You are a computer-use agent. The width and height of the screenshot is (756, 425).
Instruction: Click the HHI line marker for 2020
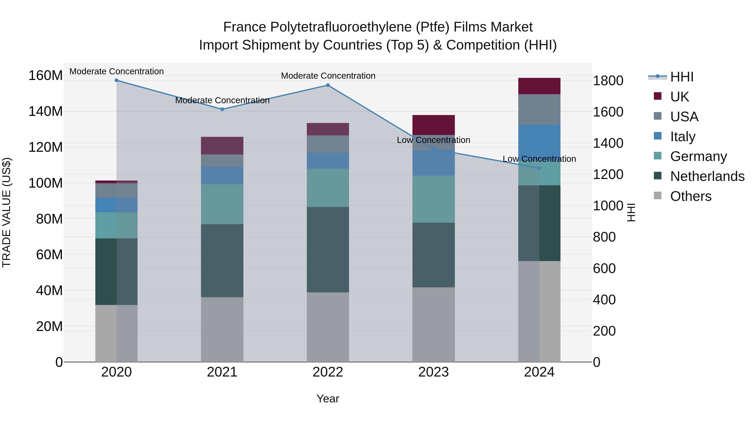[x=117, y=80]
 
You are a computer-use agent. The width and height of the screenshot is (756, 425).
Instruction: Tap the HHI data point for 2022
[x=328, y=85]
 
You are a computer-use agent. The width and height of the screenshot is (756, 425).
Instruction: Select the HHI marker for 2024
[x=539, y=168]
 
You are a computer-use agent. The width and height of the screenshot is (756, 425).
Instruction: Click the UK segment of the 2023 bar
[x=433, y=125]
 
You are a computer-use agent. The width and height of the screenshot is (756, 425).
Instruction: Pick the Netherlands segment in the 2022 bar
[x=328, y=249]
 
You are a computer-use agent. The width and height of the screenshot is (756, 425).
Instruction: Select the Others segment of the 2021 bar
[x=222, y=329]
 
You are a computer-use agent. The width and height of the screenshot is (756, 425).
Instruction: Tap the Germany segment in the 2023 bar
[x=433, y=199]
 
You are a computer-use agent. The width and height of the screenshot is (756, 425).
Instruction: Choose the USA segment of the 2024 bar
[x=539, y=109]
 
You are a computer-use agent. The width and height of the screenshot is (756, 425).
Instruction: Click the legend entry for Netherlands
[x=707, y=176]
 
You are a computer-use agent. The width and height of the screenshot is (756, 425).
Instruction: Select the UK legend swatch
[x=658, y=96]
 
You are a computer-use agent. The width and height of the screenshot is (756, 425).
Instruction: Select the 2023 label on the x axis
[x=433, y=372]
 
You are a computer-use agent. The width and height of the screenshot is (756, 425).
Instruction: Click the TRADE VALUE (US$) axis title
[x=7, y=212]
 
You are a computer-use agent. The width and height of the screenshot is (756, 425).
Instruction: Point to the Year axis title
[x=328, y=399]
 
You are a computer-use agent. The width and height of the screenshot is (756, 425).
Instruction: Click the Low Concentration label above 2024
[x=539, y=159]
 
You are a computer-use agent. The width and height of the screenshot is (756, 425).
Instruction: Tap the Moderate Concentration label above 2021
[x=222, y=100]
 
